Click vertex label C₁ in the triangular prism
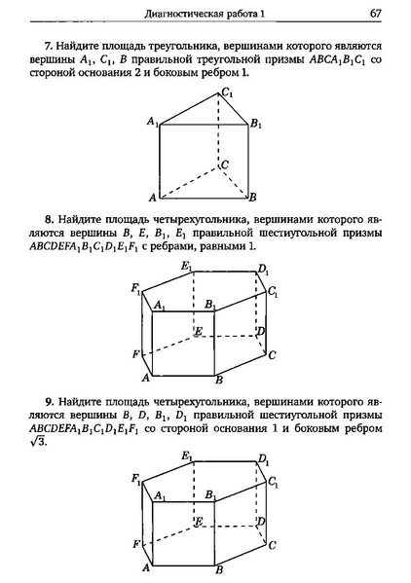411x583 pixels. (227, 92)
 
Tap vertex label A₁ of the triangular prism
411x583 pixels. (152, 121)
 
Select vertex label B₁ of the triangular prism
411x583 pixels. (256, 124)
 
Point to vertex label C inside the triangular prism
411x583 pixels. (225, 165)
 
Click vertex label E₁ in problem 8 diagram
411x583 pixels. (185, 266)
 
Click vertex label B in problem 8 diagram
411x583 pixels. (220, 380)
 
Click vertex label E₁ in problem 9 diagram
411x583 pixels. (185, 455)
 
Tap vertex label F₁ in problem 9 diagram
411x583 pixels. (135, 477)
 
